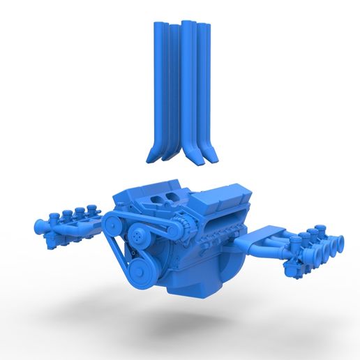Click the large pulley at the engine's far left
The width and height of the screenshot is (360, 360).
pyautogui.click(x=112, y=224)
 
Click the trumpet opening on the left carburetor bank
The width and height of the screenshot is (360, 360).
pyautogui.click(x=37, y=227)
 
